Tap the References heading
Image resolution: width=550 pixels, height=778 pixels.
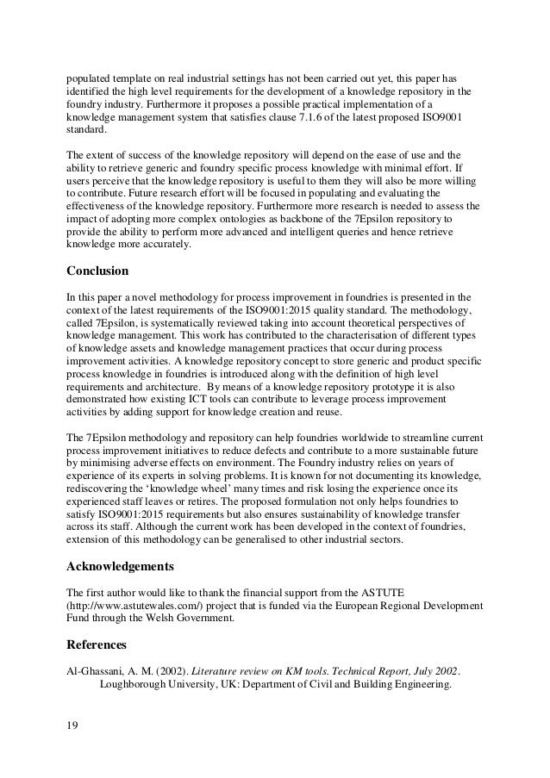coord(97,643)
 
